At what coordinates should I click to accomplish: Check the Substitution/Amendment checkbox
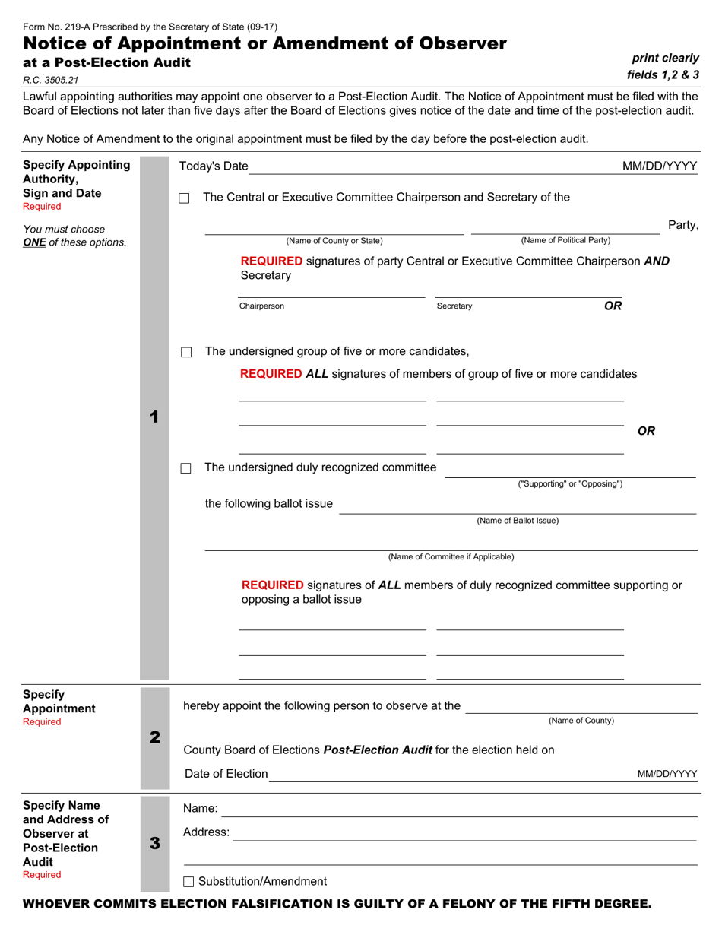189,882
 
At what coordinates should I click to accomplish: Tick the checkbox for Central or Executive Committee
184,198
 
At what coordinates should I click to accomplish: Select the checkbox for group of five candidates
186,352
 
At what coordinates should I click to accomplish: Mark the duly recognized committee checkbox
185,468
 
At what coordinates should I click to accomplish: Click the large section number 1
154,417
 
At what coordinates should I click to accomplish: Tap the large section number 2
154,737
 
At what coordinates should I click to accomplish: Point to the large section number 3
154,843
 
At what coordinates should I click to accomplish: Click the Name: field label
201,808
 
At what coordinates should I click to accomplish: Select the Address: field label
207,832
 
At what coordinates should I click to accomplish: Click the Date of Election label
226,774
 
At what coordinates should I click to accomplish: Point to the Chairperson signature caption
261,306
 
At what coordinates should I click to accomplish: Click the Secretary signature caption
454,306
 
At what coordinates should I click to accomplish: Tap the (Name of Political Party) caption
565,240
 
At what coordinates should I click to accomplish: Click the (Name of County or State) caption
334,241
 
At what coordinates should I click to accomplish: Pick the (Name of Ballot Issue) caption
518,521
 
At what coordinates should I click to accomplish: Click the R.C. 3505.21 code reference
50,80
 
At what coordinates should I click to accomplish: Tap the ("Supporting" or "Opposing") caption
570,483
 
